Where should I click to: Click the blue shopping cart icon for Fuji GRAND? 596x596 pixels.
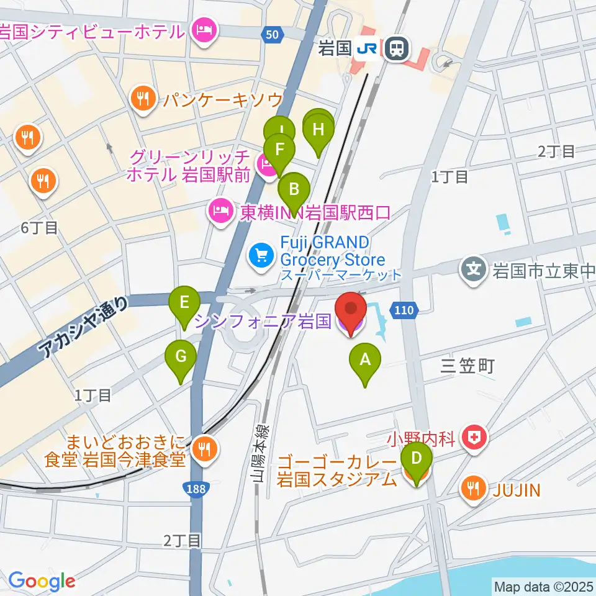pos(260,253)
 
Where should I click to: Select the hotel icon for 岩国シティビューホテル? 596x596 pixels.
pos(204,30)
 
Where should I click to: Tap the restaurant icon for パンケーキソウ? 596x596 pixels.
pos(144,99)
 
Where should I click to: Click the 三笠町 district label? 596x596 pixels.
pos(467,366)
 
